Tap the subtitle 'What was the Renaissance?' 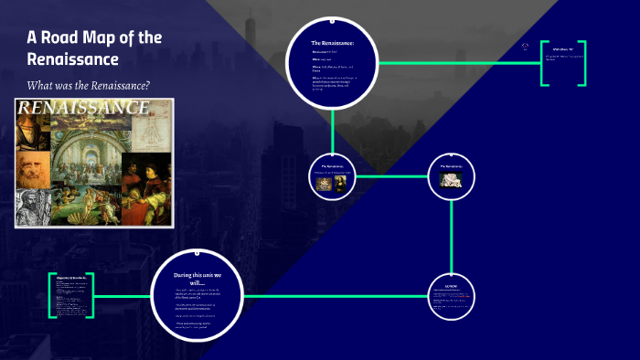[x=89, y=86]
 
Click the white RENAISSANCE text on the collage [x=82, y=108]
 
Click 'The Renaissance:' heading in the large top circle [x=333, y=43]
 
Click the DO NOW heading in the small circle [x=451, y=285]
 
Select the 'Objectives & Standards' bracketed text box [x=71, y=295]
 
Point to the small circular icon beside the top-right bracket [x=526, y=46]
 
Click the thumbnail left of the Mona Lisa [x=323, y=183]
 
